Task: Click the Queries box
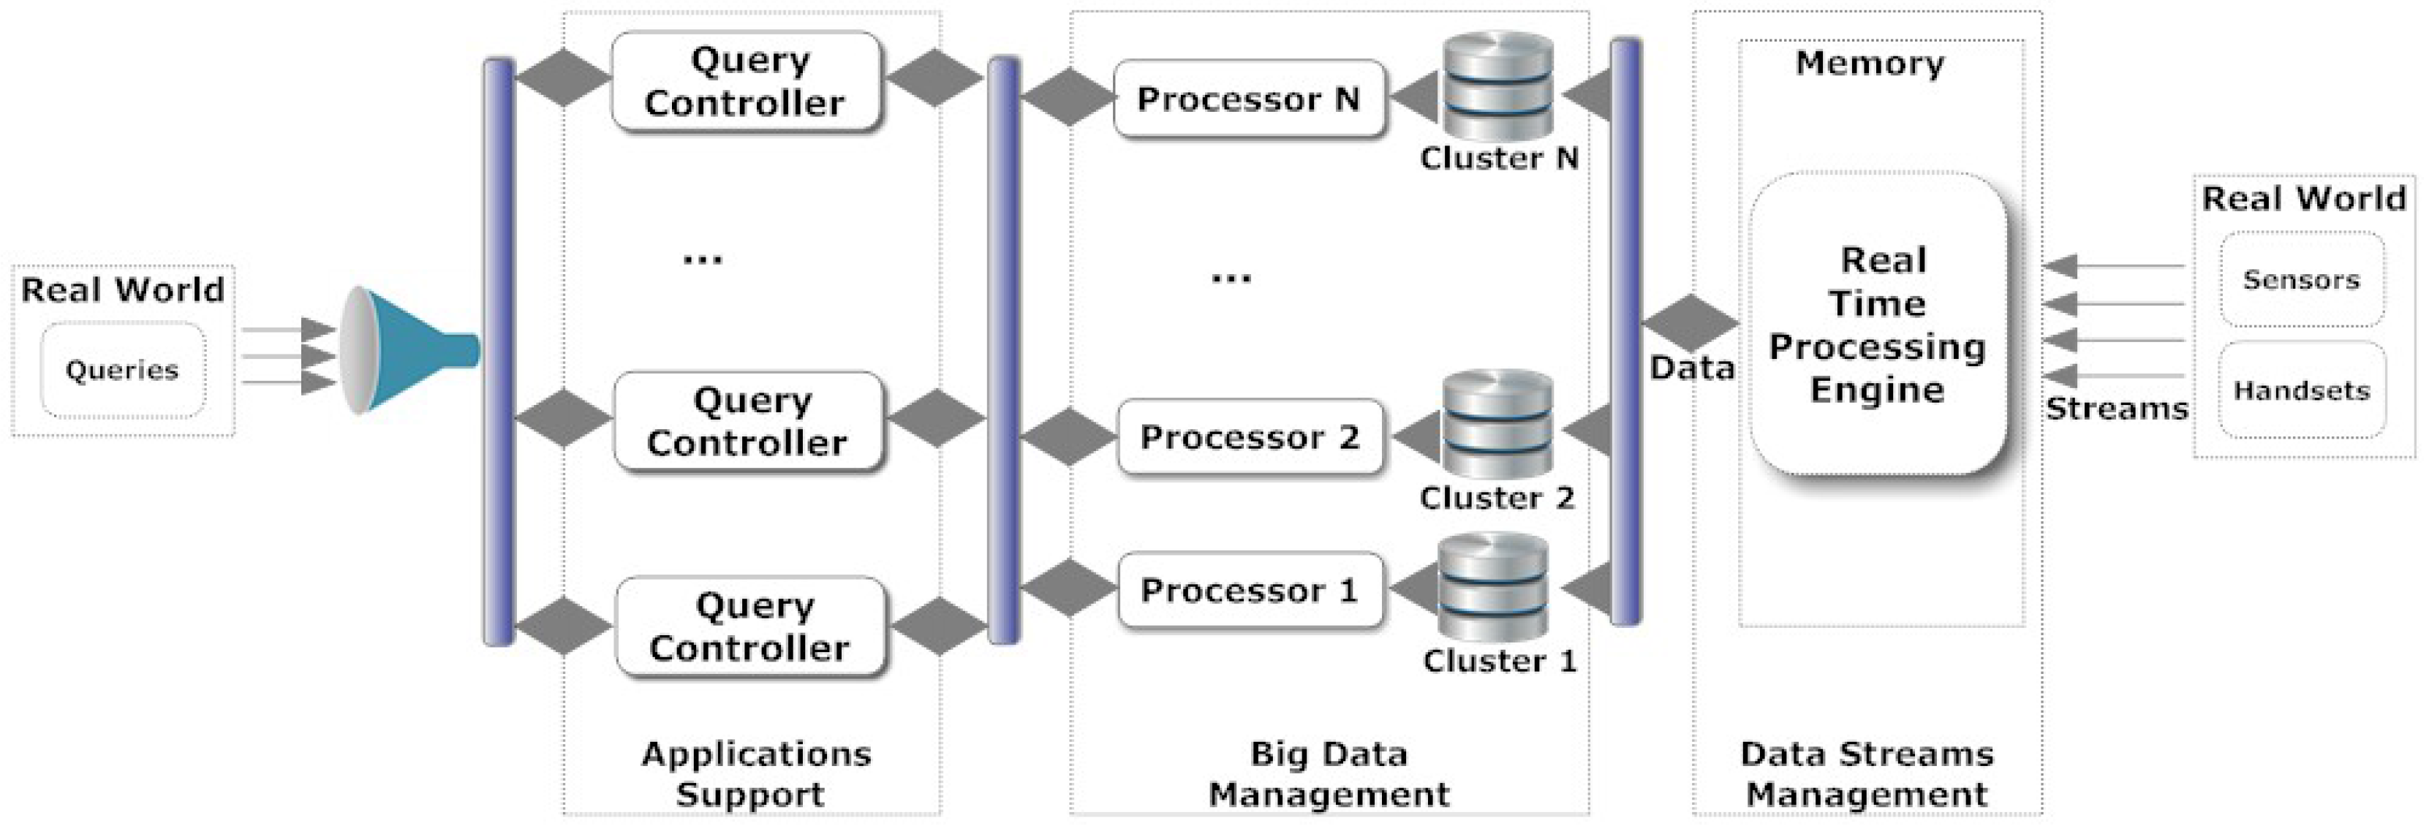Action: pos(123,370)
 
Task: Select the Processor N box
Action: pos(1248,99)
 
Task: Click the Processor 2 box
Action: pos(1250,436)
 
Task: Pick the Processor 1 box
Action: pos(1250,591)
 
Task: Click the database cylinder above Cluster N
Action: pos(1498,87)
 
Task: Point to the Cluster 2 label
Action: pos(1497,498)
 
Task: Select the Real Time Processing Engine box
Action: pos(1878,323)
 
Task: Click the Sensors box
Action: pos(2301,280)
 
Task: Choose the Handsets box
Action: pos(2301,390)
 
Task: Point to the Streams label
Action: pos(2116,409)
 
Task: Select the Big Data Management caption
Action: pos(1329,773)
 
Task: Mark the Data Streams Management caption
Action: pos(1867,773)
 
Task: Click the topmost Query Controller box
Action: pos(745,81)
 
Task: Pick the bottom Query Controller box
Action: pos(751,627)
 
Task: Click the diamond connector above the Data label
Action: pos(1691,322)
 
